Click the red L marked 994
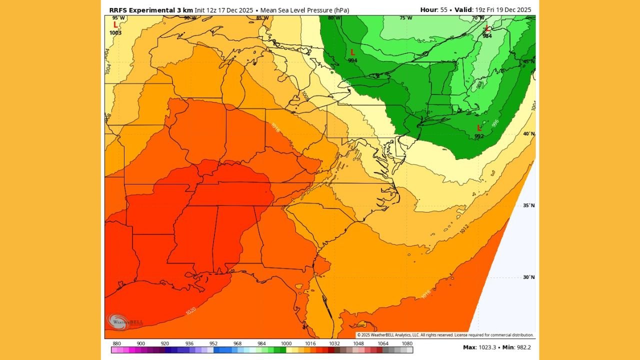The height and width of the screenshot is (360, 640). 352,52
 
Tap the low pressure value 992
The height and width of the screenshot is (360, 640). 479,136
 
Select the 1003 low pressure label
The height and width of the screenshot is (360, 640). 115,33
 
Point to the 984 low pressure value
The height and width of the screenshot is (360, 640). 487,36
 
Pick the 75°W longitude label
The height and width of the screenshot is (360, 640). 406,18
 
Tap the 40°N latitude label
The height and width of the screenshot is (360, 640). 528,134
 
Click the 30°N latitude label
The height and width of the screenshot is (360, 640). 528,277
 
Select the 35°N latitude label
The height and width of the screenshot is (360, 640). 528,205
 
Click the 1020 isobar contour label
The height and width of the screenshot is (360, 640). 190,311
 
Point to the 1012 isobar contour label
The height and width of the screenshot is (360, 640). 464,229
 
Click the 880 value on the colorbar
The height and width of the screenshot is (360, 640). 117,343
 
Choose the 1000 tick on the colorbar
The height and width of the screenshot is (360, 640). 286,343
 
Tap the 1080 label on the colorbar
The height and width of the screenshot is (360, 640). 407,343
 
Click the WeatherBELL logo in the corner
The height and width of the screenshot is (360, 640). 120,322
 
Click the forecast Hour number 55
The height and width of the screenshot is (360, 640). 443,10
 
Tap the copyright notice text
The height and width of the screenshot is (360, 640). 445,335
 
